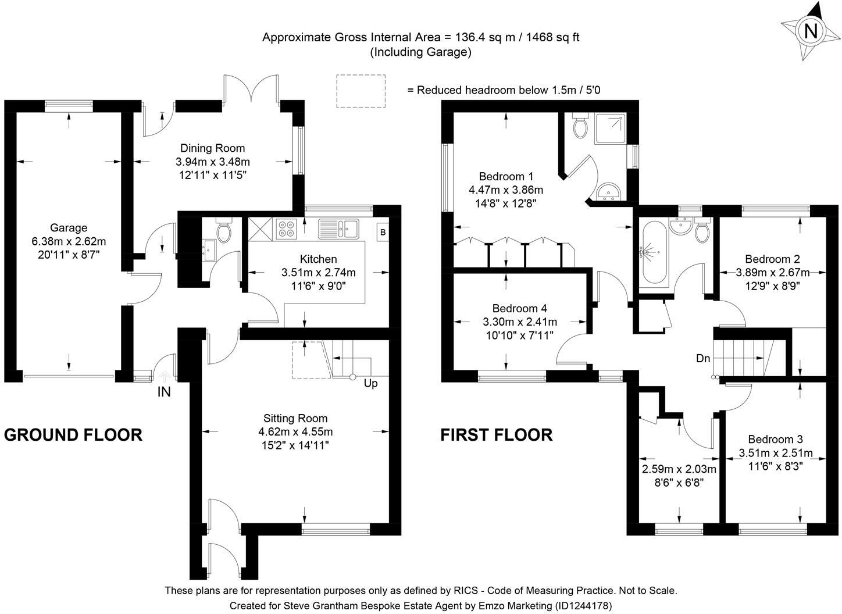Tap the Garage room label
(69, 228)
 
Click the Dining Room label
(212, 148)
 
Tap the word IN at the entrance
(164, 392)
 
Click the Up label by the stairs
(370, 384)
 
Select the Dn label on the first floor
(703, 358)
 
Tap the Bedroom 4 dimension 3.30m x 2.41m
(520, 322)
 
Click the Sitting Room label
(295, 418)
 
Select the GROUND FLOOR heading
(73, 435)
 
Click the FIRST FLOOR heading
(496, 435)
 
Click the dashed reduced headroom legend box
(361, 91)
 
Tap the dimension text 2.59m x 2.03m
(679, 469)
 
